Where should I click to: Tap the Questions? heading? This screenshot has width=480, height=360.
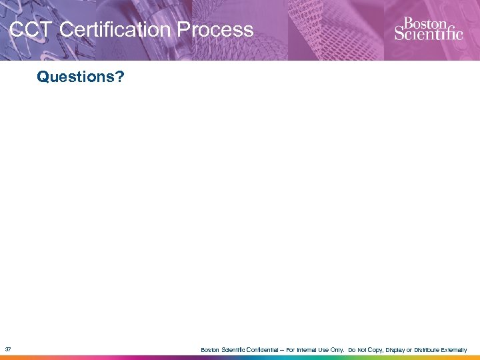point(80,77)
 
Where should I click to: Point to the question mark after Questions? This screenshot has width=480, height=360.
point(119,77)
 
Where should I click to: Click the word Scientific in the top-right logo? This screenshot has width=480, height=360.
point(428,33)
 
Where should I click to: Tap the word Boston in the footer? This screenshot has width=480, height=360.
point(210,350)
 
